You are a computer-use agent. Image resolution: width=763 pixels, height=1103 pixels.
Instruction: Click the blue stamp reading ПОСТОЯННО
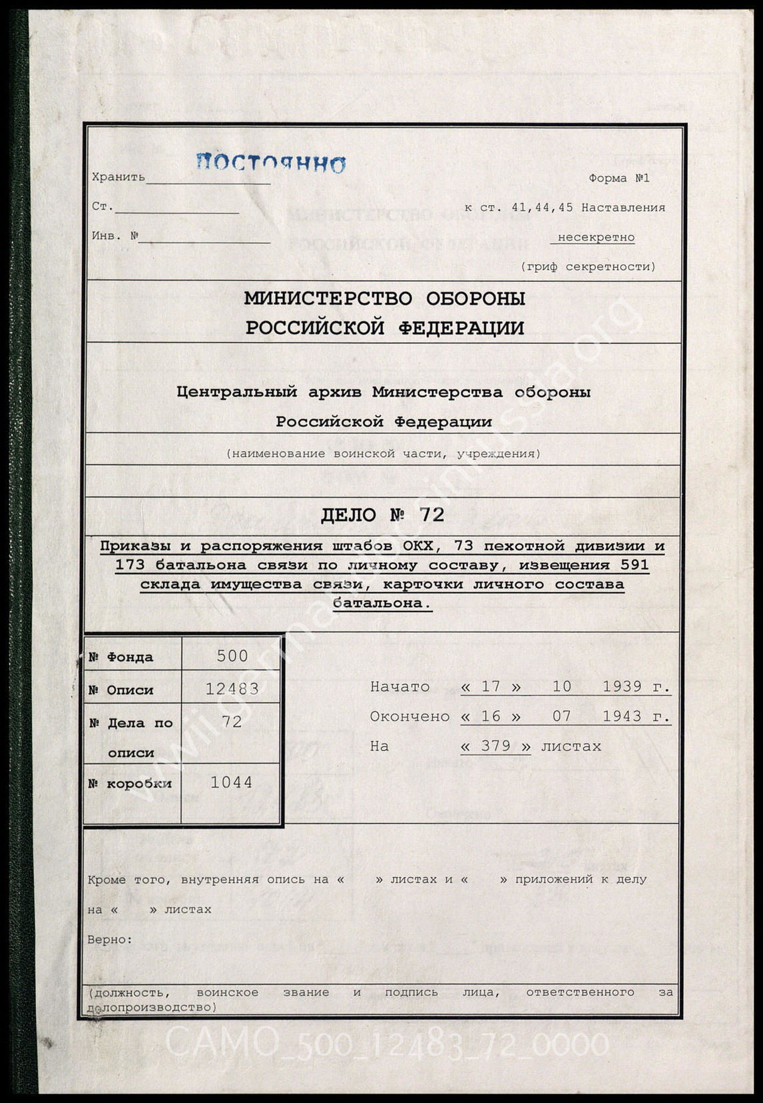tap(271, 162)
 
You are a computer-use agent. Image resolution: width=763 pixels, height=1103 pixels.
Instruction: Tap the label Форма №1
tap(619, 178)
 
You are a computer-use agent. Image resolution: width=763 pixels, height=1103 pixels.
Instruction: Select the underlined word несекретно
tap(596, 237)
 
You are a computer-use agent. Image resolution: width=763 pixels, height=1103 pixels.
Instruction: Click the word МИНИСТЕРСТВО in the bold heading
tap(328, 299)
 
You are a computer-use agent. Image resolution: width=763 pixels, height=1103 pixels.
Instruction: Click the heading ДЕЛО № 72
tap(382, 515)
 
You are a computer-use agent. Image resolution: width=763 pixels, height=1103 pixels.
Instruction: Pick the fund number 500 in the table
tap(232, 656)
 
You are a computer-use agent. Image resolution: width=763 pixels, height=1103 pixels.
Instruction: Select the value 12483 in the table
tap(232, 689)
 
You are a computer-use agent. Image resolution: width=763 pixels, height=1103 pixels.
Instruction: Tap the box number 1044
tap(232, 782)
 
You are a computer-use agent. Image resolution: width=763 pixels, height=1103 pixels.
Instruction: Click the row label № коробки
tap(130, 784)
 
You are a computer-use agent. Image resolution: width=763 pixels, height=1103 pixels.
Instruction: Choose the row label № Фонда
tap(121, 657)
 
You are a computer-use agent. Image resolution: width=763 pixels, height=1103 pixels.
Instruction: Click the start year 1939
tap(622, 687)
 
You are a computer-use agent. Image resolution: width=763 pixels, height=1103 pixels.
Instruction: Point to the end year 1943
tap(622, 716)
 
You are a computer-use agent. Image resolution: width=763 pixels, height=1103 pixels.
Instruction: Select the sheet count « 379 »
tap(495, 746)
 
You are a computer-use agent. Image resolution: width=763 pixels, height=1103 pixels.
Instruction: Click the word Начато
tap(399, 687)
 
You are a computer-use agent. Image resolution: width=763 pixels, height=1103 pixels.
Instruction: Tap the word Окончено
tap(409, 716)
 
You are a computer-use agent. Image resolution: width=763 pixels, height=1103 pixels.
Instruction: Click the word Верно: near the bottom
tap(110, 939)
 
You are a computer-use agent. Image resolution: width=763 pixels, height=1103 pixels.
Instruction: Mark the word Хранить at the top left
tap(118, 178)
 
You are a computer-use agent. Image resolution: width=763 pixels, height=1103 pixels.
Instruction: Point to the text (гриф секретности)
tap(588, 267)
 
